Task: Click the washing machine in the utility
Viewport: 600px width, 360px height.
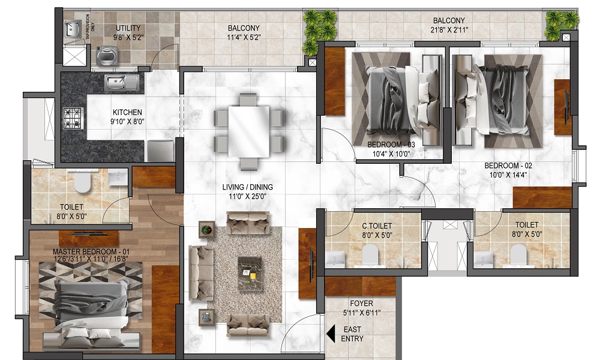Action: coord(106,56)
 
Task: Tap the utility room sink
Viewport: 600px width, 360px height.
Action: coord(73,29)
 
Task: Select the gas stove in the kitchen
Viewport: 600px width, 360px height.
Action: coord(73,118)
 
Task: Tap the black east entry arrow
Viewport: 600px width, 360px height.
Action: coord(331,334)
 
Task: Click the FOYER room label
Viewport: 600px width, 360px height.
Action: coord(361,304)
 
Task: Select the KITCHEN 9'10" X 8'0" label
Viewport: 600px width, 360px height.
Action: coord(127,117)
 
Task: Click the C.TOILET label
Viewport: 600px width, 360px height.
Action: coord(377,226)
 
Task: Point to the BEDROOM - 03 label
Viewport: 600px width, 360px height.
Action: coord(391,145)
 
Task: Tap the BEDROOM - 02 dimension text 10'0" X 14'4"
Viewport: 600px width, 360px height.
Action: coord(508,175)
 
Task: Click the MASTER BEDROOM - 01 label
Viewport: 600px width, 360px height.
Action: coord(91,252)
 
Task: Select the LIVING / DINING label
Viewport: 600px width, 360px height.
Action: coord(248,187)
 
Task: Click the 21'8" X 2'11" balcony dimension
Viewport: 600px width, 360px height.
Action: coord(449,29)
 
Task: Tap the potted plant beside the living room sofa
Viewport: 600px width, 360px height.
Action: coord(206,230)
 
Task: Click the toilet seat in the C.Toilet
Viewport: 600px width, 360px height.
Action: coord(370,254)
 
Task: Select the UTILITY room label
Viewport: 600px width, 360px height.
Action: coord(128,28)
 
